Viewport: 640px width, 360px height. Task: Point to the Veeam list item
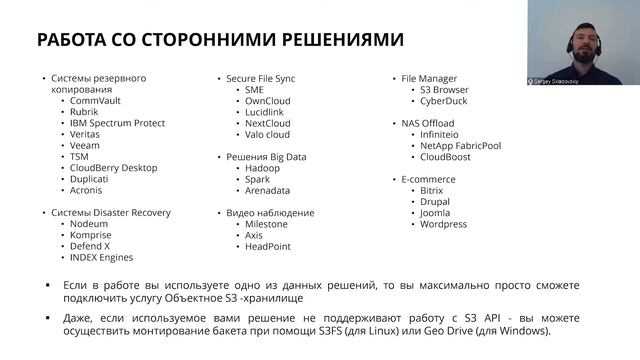[87, 145]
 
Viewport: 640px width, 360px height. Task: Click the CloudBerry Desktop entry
[115, 167]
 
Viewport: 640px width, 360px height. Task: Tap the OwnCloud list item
[267, 100]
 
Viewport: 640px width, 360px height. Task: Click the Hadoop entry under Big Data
[262, 167]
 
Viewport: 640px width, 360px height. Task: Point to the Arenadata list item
[268, 190]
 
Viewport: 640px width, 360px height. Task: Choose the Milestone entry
[267, 224]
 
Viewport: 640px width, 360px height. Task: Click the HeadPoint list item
[268, 247]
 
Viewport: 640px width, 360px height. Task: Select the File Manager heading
[429, 78]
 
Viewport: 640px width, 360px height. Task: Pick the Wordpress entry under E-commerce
[443, 224]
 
